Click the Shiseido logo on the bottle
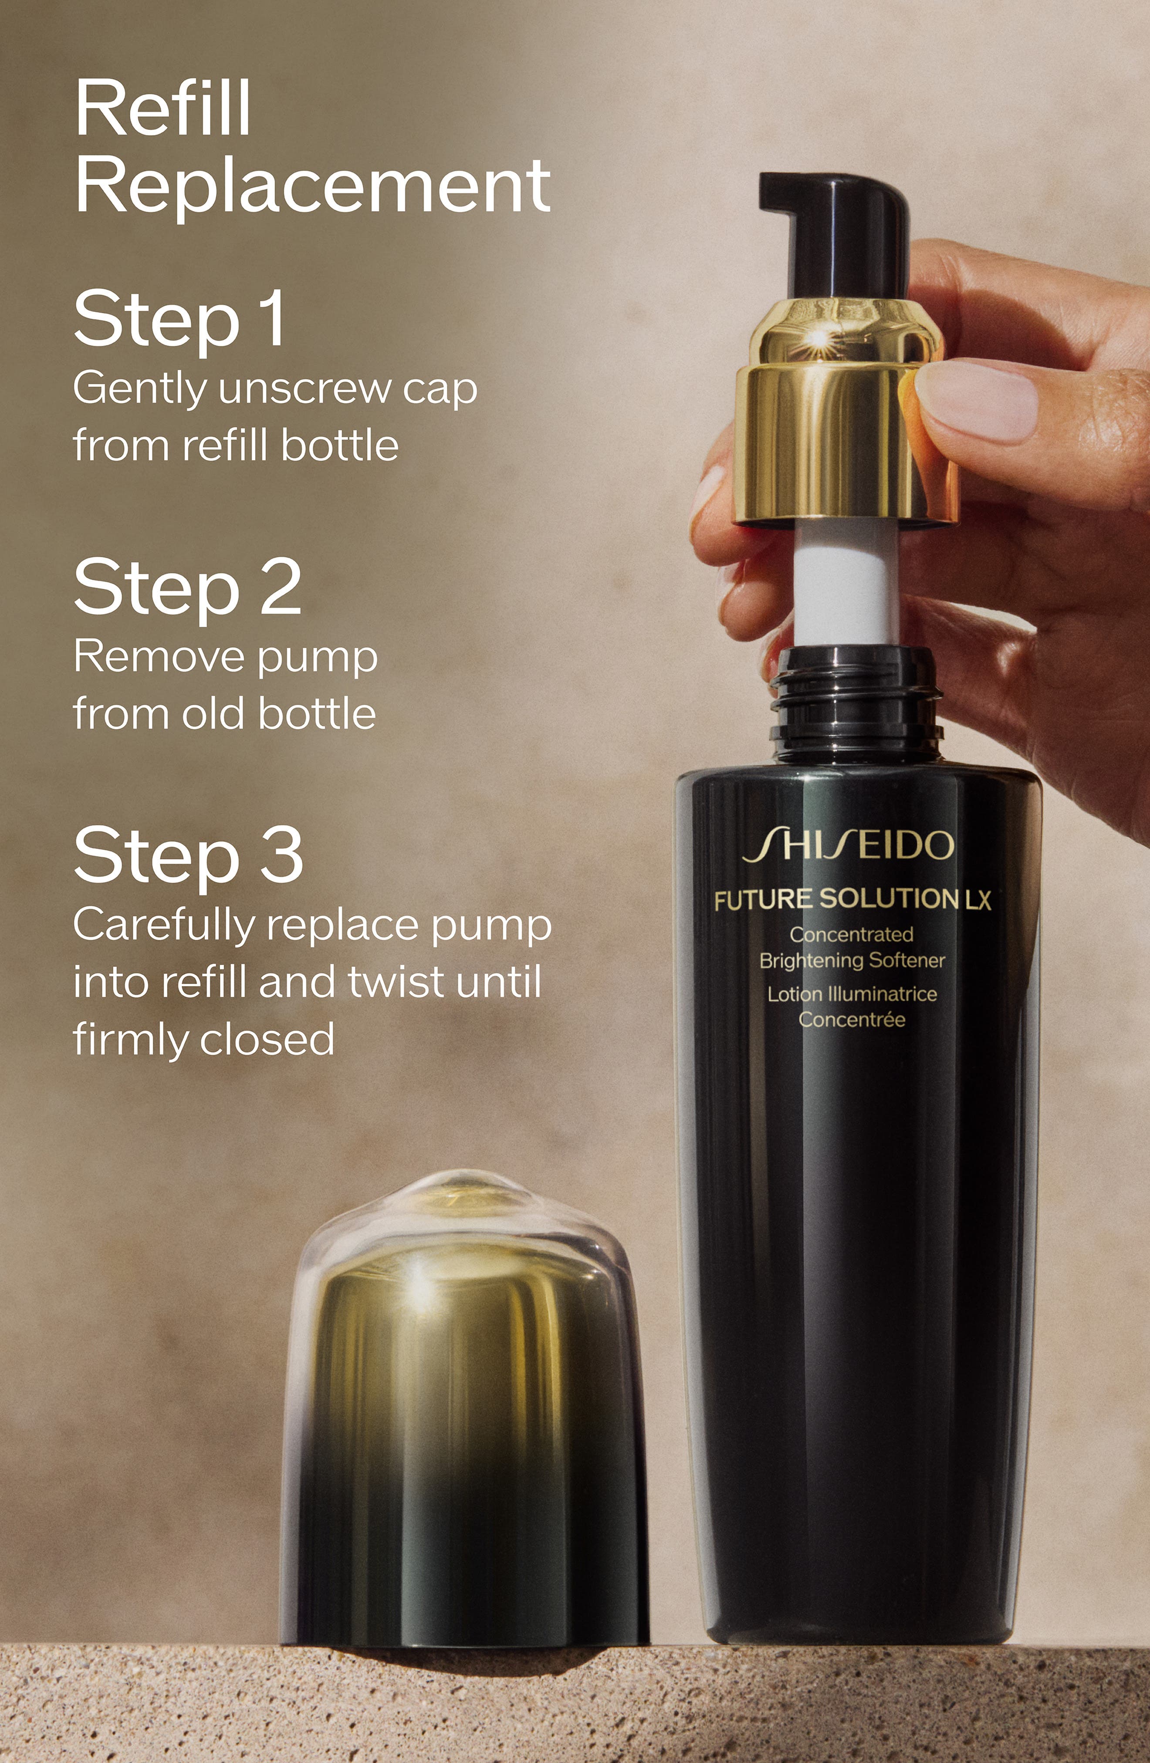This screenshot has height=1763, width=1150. (x=849, y=846)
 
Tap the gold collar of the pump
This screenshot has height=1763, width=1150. (x=845, y=415)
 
